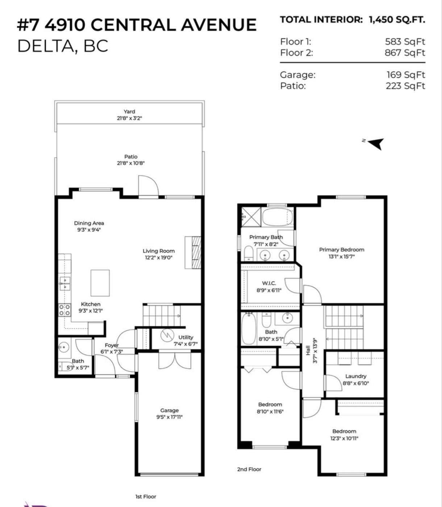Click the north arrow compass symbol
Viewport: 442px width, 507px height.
tap(376, 144)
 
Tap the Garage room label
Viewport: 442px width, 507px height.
tap(169, 411)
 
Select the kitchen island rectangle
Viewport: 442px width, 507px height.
tap(100, 283)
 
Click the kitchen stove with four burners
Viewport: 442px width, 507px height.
tap(64, 310)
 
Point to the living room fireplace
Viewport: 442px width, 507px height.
tap(193, 252)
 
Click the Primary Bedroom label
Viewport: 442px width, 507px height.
tap(342, 250)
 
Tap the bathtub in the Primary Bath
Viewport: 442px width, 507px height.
tap(278, 217)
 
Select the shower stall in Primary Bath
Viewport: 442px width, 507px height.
tap(251, 217)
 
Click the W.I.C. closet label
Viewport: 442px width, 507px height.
tap(269, 283)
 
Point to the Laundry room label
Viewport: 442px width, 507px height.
tap(356, 376)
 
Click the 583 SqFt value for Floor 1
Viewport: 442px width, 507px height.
tap(405, 42)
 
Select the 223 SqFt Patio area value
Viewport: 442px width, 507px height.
tap(405, 86)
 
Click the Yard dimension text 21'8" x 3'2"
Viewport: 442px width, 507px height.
tap(129, 118)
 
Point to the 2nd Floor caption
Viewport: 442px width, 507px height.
tap(249, 469)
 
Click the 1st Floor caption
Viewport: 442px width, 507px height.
tap(146, 496)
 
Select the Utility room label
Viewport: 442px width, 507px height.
tap(185, 337)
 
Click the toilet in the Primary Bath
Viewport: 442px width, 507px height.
tap(248, 253)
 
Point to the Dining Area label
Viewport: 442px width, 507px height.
tap(89, 223)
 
